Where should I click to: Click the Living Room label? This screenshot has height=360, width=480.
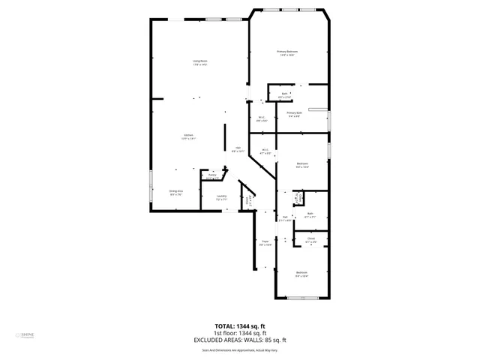[199, 62]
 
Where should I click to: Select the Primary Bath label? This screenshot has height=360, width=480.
[293, 114]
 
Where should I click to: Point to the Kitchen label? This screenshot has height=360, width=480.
[189, 136]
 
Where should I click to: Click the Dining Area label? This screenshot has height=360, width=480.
[176, 193]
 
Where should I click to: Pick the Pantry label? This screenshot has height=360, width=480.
[213, 176]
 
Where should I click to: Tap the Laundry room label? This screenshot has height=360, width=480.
[221, 198]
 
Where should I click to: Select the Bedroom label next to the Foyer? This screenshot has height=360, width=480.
[301, 273]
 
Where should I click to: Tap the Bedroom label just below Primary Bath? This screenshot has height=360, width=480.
[301, 165]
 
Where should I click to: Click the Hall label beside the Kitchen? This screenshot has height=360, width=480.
[238, 149]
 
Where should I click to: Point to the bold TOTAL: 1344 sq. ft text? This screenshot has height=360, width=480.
[240, 326]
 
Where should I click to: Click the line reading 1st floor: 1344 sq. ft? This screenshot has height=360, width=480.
[240, 333]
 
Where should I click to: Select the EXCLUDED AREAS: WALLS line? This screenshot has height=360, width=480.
[240, 340]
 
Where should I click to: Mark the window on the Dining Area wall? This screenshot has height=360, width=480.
[151, 185]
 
